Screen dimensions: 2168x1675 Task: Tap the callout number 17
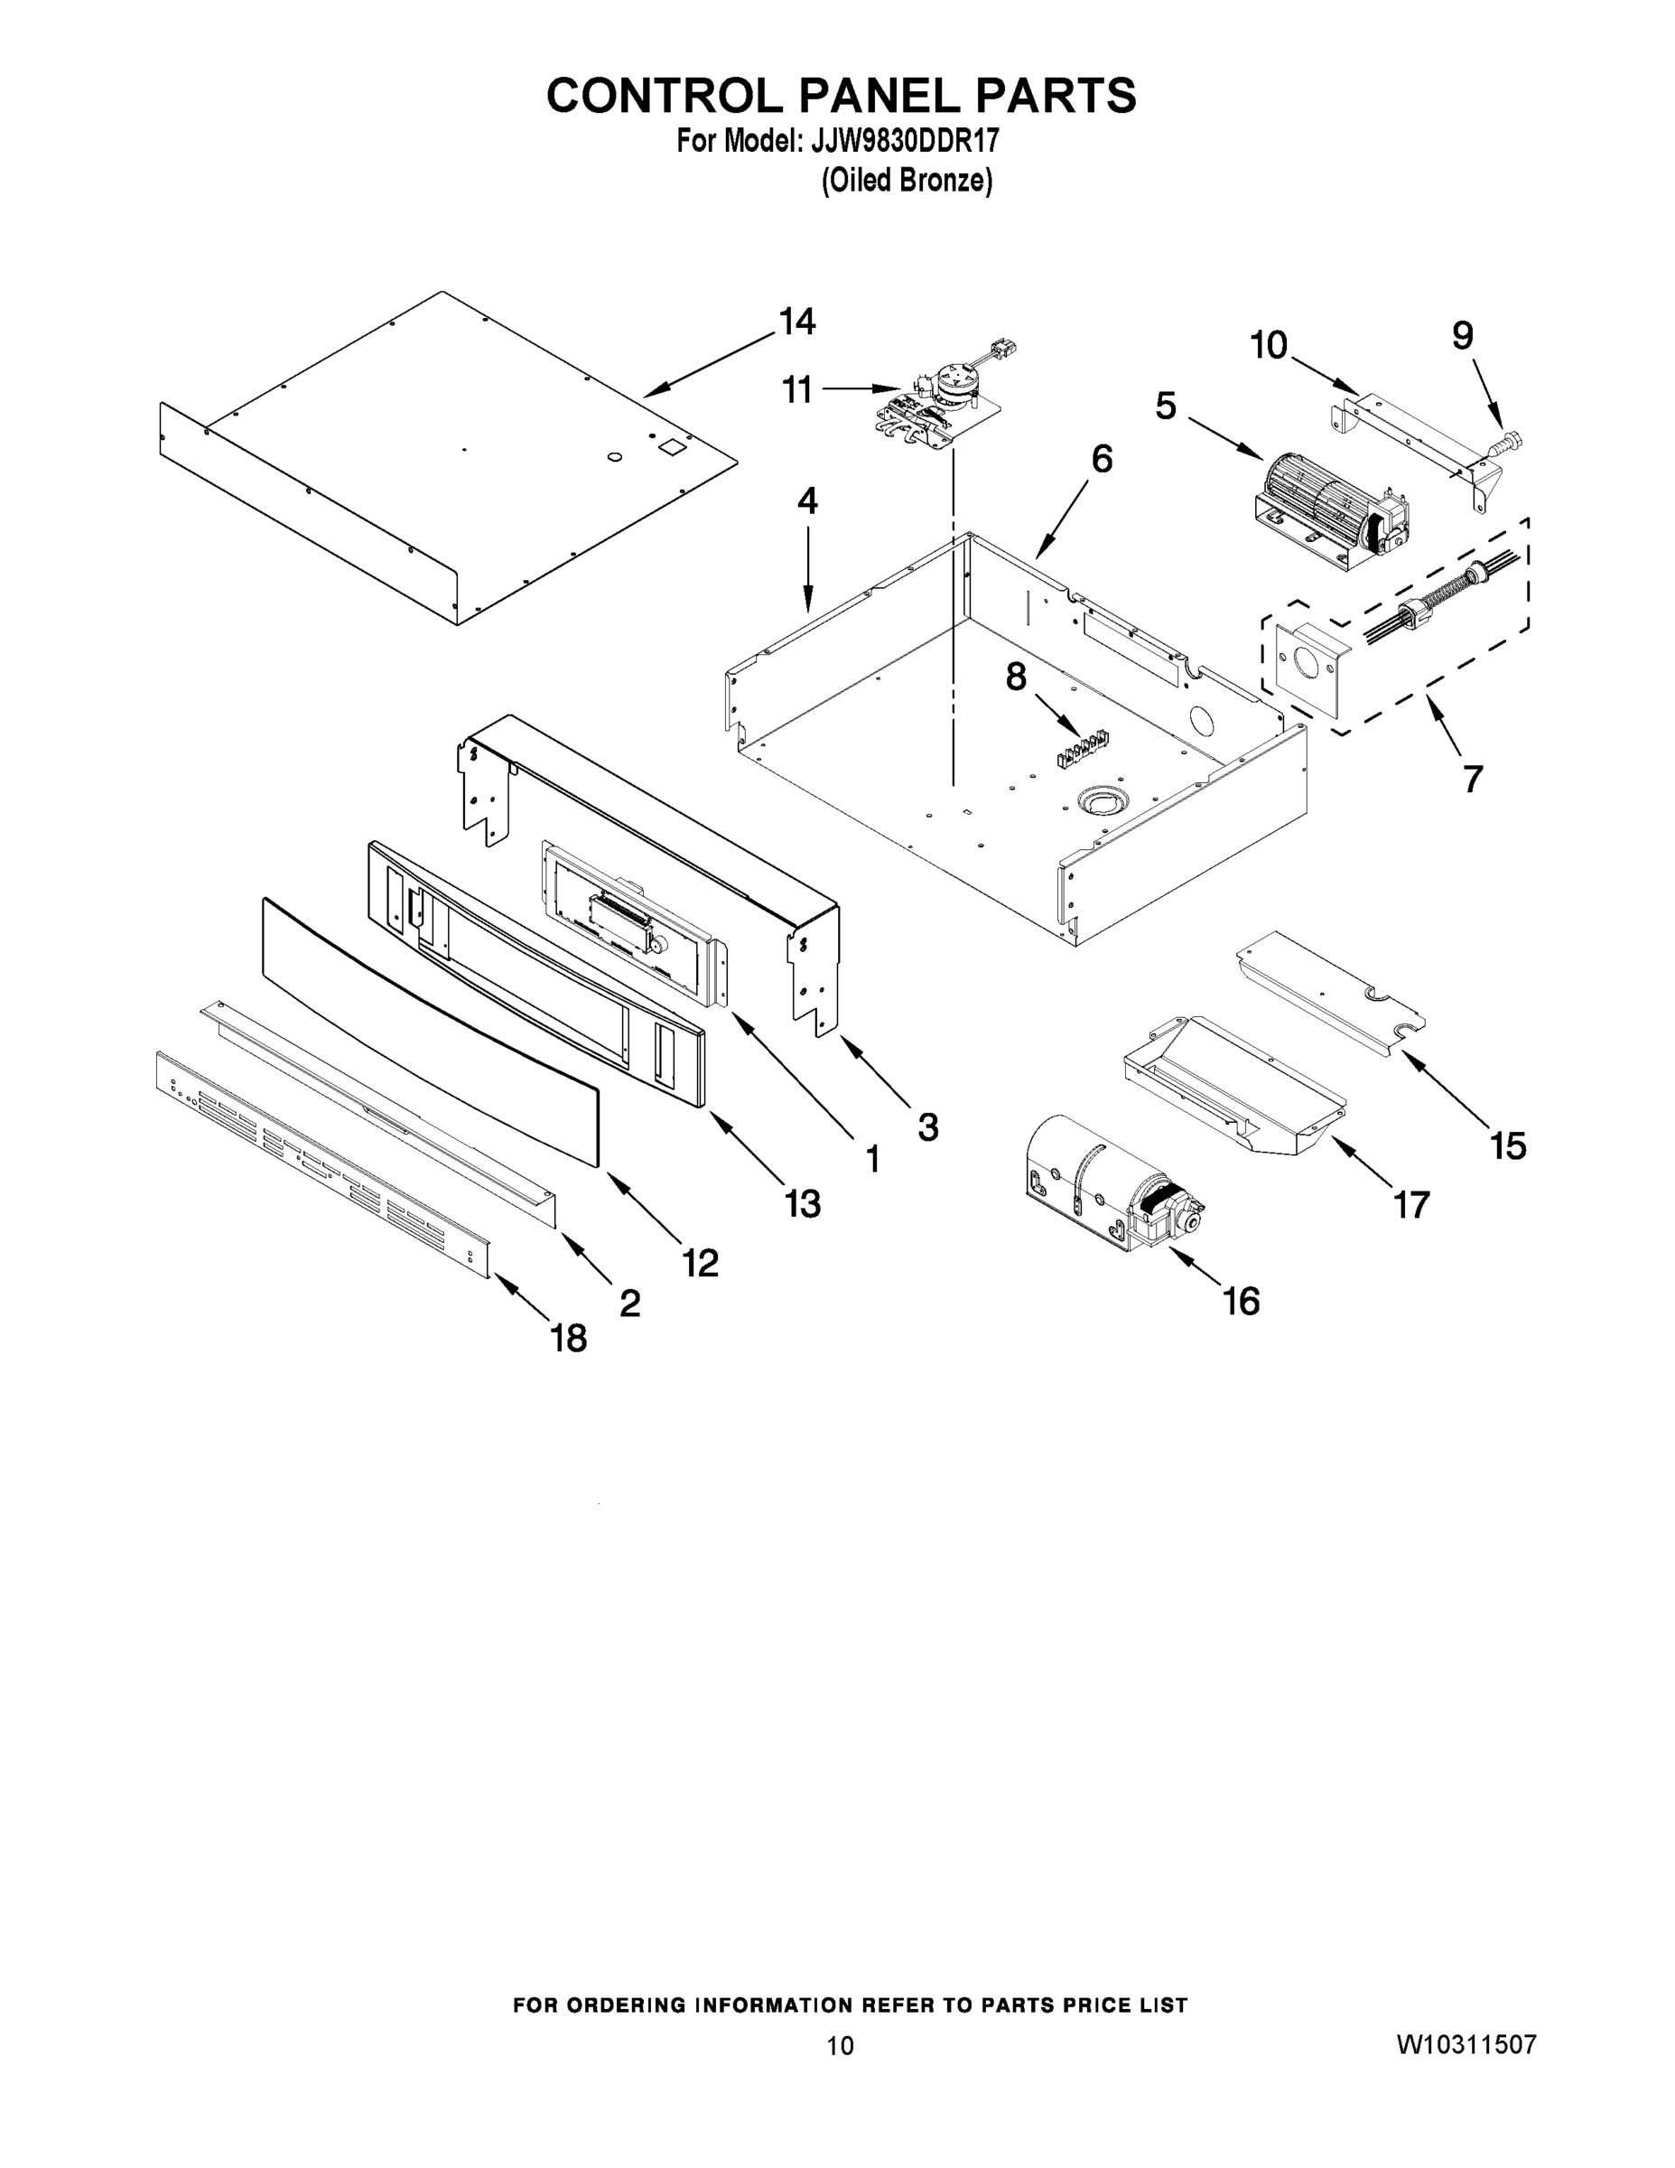pyautogui.click(x=1411, y=1205)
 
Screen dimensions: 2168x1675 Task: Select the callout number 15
pyautogui.click(x=1507, y=1146)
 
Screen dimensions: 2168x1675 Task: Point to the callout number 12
pyautogui.click(x=701, y=1263)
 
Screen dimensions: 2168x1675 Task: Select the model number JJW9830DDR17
pyautogui.click(x=904, y=142)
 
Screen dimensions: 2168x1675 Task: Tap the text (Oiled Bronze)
pyautogui.click(x=906, y=181)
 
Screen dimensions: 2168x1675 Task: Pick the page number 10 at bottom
pyautogui.click(x=840, y=2046)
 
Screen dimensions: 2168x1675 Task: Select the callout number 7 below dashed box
pyautogui.click(x=1473, y=780)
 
